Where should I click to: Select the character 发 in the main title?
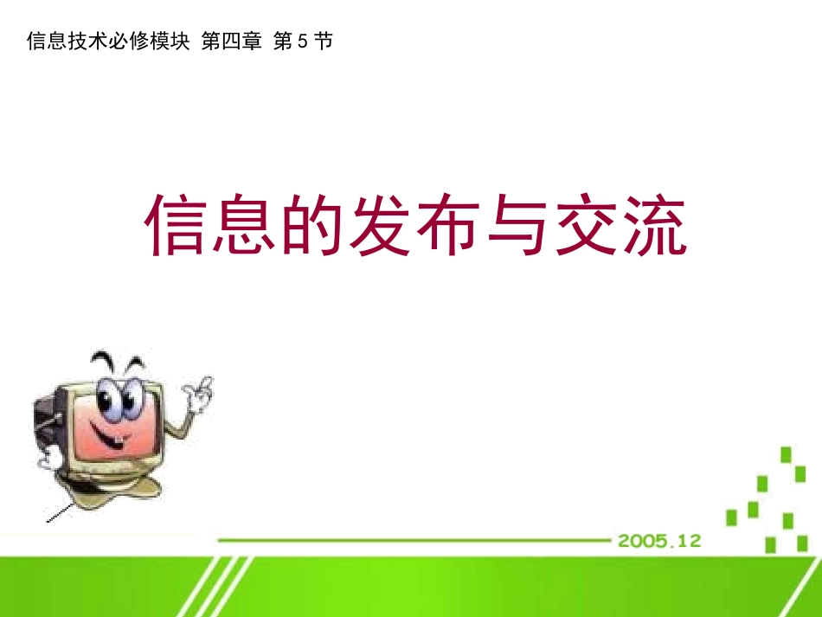[x=379, y=226]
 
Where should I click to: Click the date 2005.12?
[x=658, y=541]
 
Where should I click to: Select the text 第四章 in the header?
[x=231, y=42]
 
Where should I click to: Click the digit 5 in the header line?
[x=302, y=42]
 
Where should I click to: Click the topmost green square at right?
[x=787, y=454]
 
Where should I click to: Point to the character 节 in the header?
[x=324, y=42]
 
